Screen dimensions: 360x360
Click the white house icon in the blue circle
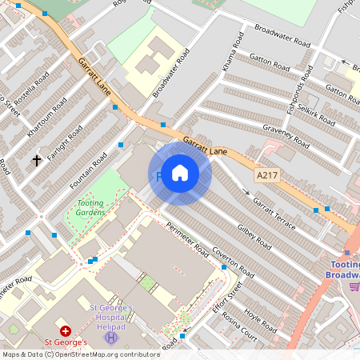click(180, 173)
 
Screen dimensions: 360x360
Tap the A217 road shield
click(267, 174)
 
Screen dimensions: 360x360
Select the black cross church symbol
click(36, 160)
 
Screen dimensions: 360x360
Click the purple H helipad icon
click(111, 338)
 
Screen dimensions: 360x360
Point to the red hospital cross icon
click(65, 330)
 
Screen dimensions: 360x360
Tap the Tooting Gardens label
click(90, 208)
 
